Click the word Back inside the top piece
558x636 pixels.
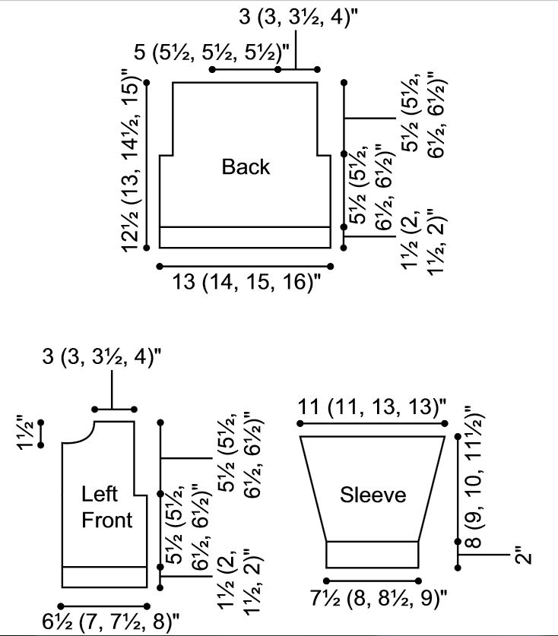click(x=246, y=166)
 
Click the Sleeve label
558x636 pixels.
click(x=373, y=495)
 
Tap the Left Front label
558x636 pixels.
click(x=106, y=507)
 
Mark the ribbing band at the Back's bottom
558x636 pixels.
click(x=245, y=237)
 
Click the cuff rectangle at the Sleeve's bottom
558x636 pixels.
click(x=373, y=554)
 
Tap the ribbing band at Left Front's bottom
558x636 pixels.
click(x=103, y=577)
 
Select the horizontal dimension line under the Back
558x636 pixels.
click(x=245, y=266)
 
